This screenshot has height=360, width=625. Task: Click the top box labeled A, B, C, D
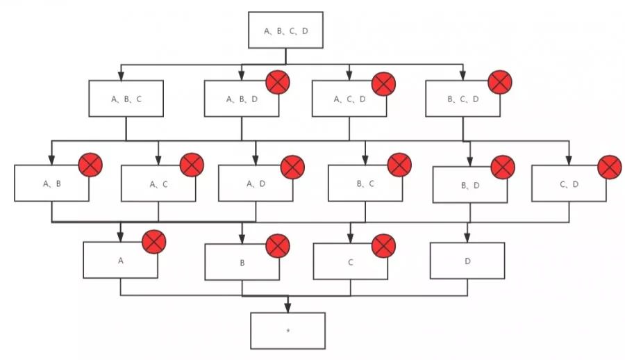[x=285, y=31]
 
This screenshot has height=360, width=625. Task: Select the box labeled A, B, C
[x=126, y=99]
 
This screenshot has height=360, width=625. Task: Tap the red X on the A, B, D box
[x=278, y=83]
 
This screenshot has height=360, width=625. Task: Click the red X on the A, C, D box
[x=383, y=83]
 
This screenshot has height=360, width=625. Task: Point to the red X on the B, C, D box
[x=499, y=83]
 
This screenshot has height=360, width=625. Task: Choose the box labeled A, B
[x=52, y=183]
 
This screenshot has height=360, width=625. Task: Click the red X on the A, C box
[x=192, y=165]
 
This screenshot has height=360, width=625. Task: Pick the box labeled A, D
[x=256, y=183]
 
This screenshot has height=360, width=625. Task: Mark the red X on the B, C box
[x=399, y=165]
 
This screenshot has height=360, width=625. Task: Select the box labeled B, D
[x=469, y=185]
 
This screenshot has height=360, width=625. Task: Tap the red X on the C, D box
[x=609, y=167]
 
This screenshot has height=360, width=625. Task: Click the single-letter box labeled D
[x=467, y=261]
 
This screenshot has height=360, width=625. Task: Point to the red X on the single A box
[x=153, y=243]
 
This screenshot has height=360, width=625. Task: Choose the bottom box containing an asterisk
[x=287, y=331]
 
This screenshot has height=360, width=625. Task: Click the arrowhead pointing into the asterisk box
[x=287, y=309]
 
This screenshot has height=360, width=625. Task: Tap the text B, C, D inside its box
[x=463, y=99]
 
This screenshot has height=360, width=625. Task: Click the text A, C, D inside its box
[x=349, y=99]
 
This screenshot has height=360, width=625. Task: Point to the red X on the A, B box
[x=90, y=165]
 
